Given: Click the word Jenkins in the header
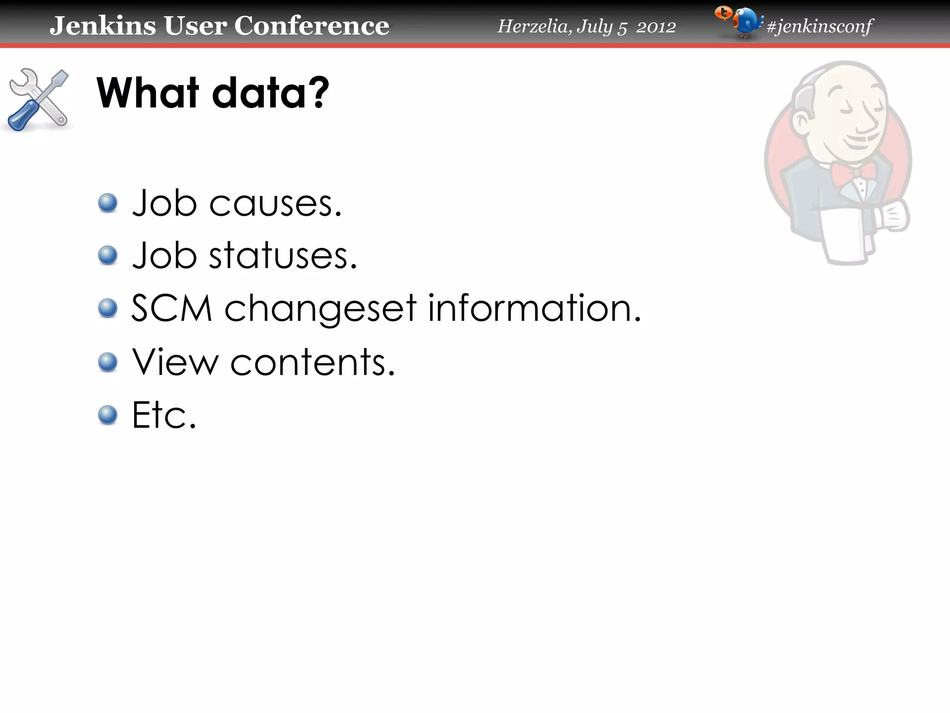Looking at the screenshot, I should pos(103,26).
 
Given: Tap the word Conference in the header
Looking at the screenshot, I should pos(311,26).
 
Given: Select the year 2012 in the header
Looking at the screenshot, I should pos(655,27).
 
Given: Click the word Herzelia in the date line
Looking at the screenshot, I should pos(533,26).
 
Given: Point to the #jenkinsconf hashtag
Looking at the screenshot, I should pos(820,26).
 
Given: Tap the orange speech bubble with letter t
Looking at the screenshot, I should pos(723,13).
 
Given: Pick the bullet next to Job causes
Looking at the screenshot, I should pos(108,203).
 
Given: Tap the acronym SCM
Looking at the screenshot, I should pos(172,308).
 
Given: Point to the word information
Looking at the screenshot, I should pos(533,308).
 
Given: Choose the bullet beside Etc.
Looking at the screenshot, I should pos(108,415).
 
